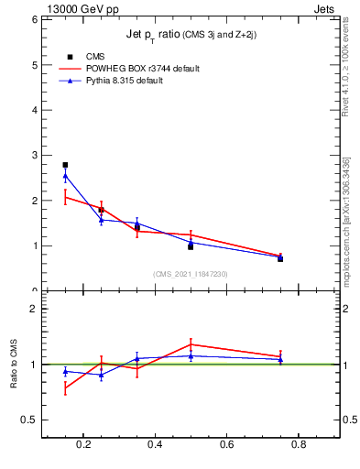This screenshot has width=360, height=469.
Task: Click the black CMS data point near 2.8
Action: (x=65, y=165)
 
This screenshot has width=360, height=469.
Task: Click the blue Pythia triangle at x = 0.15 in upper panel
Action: (x=65, y=176)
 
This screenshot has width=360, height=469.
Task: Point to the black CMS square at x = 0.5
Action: (x=191, y=246)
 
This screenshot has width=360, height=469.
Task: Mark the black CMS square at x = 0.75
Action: (x=280, y=259)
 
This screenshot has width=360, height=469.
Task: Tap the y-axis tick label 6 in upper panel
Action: (x=34, y=20)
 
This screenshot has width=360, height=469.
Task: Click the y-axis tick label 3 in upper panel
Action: (x=34, y=156)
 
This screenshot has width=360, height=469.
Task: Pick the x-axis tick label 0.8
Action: (x=299, y=446)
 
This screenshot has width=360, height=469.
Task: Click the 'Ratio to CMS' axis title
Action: (x=13, y=365)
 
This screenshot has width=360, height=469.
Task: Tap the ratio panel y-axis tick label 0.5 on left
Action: (x=29, y=420)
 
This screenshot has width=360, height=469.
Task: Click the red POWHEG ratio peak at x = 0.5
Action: (x=191, y=344)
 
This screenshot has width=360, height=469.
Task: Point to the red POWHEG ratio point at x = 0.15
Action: (x=65, y=388)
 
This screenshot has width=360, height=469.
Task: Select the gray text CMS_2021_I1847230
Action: (x=191, y=274)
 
